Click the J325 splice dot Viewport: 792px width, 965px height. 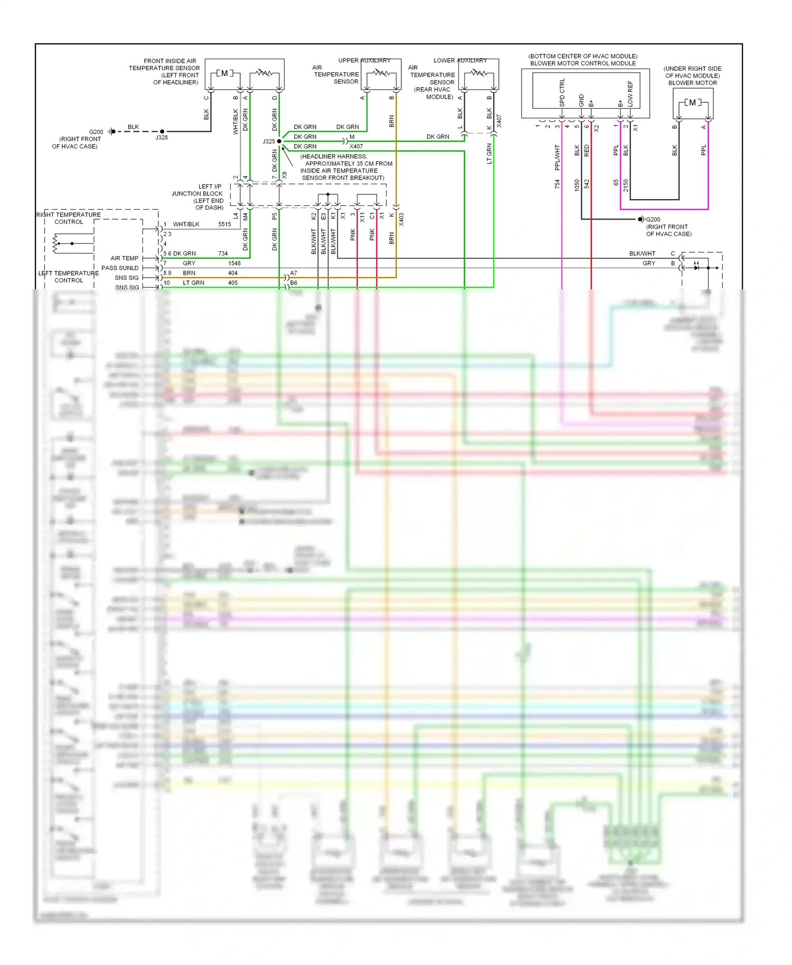pyautogui.click(x=279, y=141)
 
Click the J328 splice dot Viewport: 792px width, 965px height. pyautogui.click(x=162, y=131)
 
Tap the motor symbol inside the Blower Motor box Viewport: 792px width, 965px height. pyautogui.click(x=692, y=102)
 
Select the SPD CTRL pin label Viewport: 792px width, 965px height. pyautogui.click(x=562, y=93)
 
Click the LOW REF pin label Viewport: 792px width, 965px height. pyautogui.click(x=630, y=93)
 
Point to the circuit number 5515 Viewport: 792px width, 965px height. pyautogui.click(x=224, y=224)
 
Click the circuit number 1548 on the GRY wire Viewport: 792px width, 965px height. pyautogui.click(x=234, y=263)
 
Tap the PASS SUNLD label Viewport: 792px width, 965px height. pyautogui.click(x=120, y=268)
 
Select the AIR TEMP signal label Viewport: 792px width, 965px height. pyautogui.click(x=125, y=258)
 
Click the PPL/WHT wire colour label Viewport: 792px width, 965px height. pyautogui.click(x=557, y=157)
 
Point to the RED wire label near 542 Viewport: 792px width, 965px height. pyautogui.click(x=587, y=151)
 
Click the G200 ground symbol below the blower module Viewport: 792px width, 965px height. pyautogui.click(x=640, y=219)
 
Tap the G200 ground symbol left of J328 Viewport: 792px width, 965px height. pyautogui.click(x=111, y=131)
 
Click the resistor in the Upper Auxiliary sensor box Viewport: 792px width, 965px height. pyautogui.click(x=381, y=73)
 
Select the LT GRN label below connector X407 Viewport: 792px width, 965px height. pyautogui.click(x=489, y=154)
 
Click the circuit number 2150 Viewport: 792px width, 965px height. pyautogui.click(x=626, y=185)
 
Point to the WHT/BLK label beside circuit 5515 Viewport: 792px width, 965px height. pyautogui.click(x=186, y=224)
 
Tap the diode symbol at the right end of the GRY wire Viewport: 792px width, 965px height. pyautogui.click(x=696, y=268)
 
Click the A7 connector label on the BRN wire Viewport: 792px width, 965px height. pyautogui.click(x=294, y=273)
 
